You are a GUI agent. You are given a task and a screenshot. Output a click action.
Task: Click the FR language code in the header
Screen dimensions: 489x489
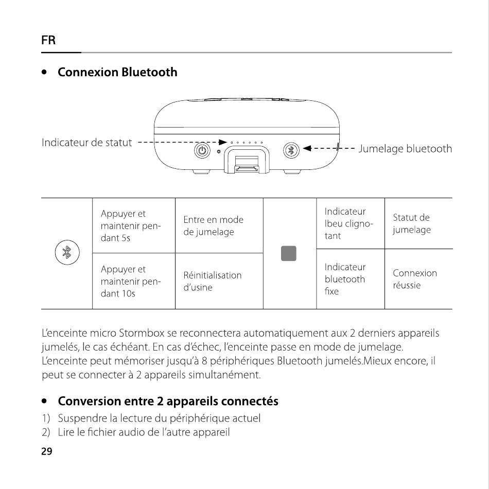(48, 40)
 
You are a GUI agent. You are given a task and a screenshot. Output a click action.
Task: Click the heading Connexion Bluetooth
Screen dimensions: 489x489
(117, 72)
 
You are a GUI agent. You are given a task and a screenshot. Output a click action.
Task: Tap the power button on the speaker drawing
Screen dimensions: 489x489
(202, 150)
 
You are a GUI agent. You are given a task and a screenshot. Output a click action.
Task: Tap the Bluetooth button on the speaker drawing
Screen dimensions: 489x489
(292, 150)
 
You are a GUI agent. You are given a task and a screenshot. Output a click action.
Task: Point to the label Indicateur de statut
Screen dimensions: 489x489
(86, 143)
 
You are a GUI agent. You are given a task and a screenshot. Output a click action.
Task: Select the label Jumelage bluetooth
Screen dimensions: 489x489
(405, 149)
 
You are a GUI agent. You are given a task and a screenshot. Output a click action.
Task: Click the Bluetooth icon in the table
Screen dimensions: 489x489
(66, 252)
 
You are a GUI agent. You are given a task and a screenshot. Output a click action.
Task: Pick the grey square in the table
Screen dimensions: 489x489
(289, 253)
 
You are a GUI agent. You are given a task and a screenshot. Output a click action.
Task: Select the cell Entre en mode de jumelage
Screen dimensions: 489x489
(213, 226)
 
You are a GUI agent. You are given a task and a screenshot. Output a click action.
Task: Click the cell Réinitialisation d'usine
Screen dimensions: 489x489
(212, 281)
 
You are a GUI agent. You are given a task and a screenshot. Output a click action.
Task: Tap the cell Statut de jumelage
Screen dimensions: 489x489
(411, 223)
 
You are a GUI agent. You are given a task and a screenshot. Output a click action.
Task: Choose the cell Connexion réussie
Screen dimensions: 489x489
(414, 279)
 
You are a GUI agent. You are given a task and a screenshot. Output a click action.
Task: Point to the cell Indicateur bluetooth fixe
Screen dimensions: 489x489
(345, 279)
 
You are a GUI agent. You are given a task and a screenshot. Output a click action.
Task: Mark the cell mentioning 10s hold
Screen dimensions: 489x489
(131, 281)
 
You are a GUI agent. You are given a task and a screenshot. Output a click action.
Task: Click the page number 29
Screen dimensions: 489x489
(46, 451)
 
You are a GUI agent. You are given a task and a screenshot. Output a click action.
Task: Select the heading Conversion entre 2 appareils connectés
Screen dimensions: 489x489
(168, 400)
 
